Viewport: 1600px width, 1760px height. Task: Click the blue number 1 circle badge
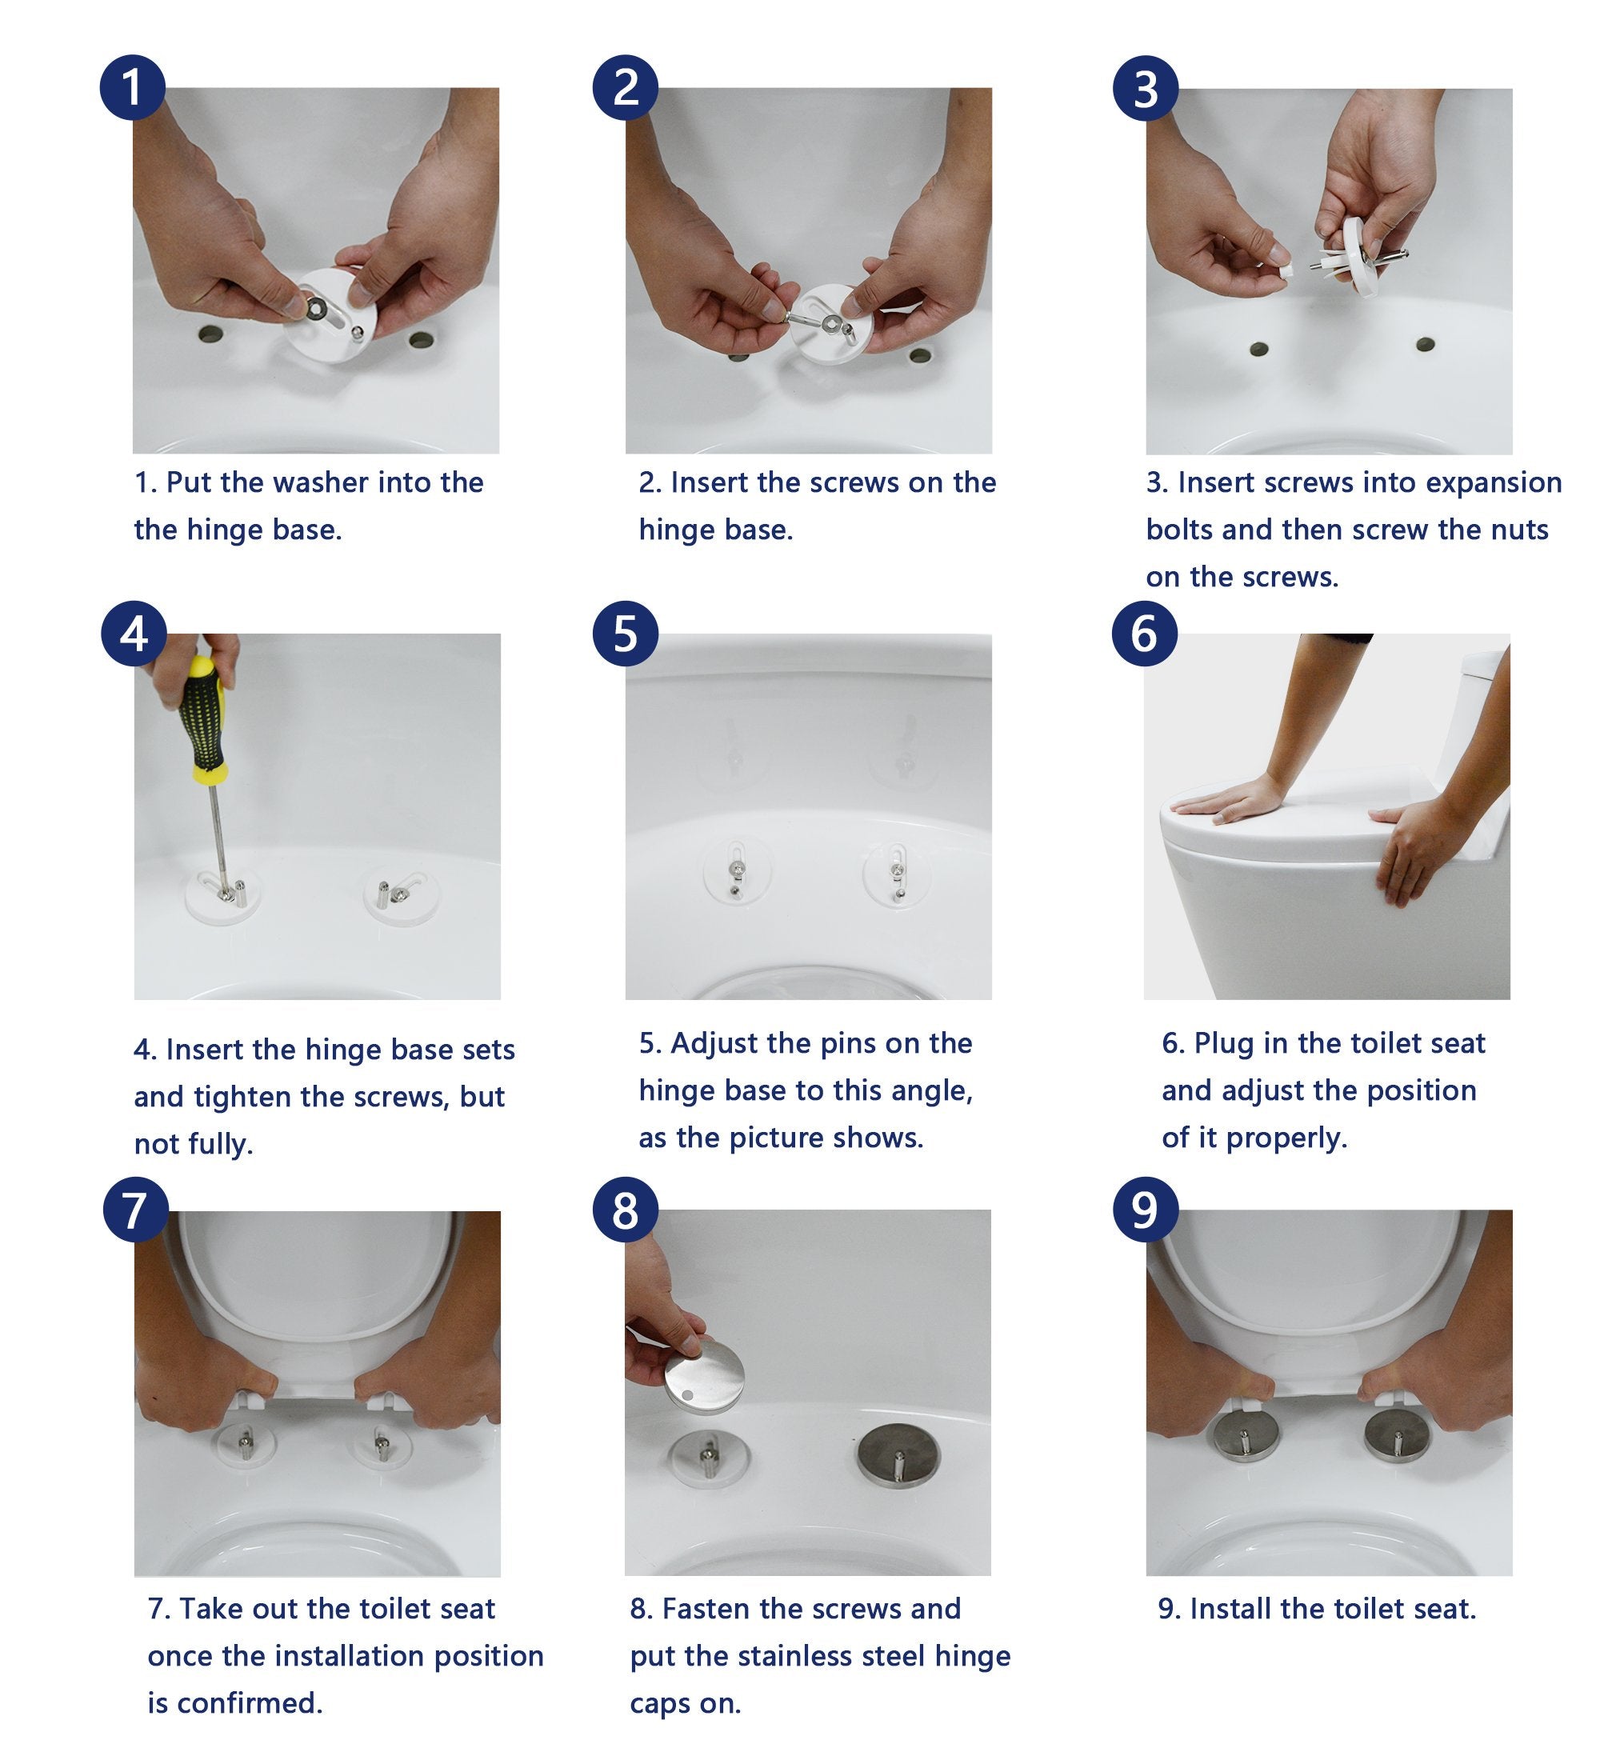[x=132, y=87]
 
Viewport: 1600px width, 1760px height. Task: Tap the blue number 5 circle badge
[x=625, y=633]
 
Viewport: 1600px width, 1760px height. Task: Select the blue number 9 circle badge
[x=1144, y=1210]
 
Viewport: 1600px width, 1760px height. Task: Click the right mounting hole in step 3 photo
[x=1425, y=344]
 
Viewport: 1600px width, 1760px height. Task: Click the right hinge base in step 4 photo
[x=401, y=894]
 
